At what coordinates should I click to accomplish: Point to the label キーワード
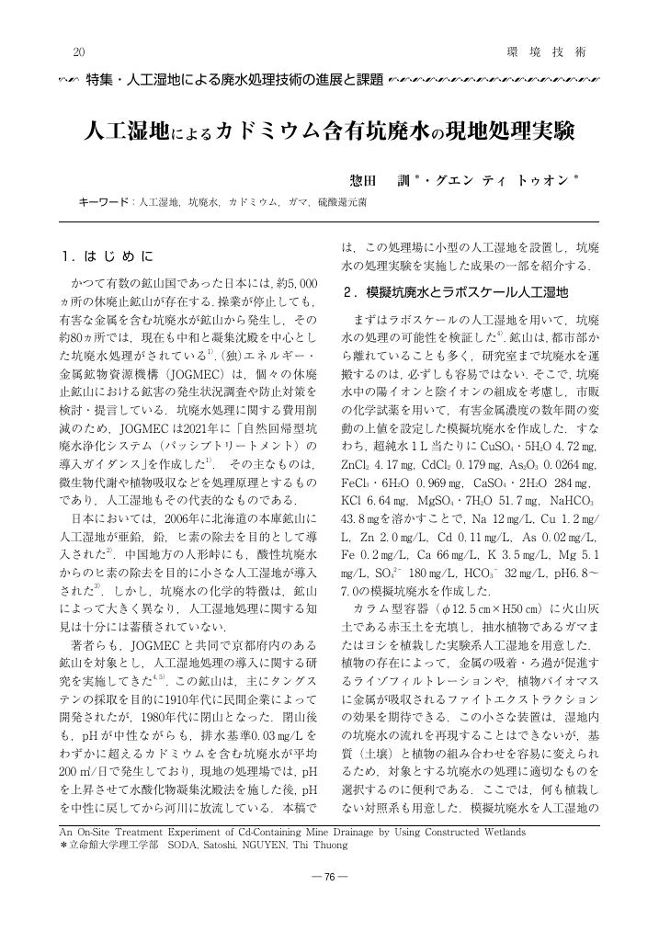[x=105, y=199]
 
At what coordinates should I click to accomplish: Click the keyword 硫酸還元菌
[x=342, y=199]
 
